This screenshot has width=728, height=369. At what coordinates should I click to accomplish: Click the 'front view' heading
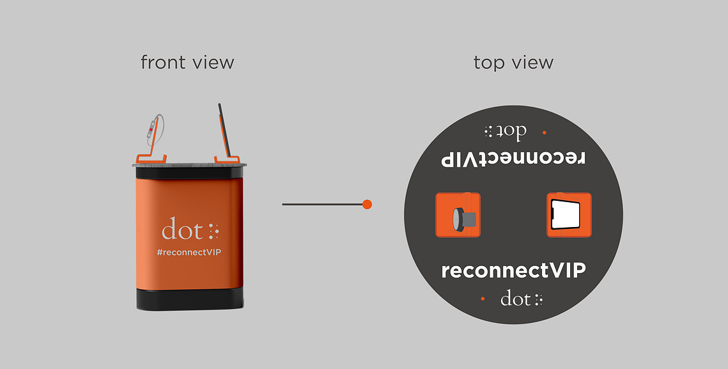point(187,62)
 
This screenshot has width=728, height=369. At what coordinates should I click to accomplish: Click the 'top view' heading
point(513,63)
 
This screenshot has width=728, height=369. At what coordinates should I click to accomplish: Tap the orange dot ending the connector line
point(367,204)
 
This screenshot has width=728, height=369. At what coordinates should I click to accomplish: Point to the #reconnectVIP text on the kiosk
point(189,253)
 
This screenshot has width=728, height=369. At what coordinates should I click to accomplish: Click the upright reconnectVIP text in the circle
point(513,270)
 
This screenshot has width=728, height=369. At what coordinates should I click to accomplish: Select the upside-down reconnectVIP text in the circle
point(513,158)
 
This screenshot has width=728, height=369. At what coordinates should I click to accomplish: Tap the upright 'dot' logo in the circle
point(522,298)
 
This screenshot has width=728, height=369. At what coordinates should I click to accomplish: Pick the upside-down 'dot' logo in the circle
point(505,131)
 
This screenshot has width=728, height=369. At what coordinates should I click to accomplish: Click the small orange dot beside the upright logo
point(483,299)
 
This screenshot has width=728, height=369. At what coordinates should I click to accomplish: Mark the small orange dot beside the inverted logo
point(544,132)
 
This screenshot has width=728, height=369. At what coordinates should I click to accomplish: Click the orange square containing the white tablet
point(569,215)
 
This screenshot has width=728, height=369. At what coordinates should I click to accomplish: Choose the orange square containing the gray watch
point(458,215)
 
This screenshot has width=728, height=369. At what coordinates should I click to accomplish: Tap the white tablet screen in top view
point(566,215)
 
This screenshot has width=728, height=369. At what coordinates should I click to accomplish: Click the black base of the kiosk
point(190,299)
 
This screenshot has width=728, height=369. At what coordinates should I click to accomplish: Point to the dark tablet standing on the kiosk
point(224,130)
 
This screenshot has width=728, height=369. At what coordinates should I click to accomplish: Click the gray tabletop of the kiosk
point(189,164)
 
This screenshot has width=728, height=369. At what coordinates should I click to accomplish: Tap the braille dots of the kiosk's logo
point(213,232)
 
